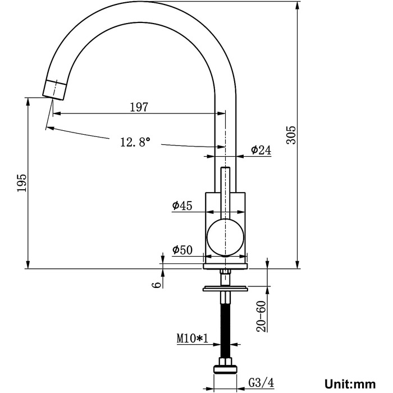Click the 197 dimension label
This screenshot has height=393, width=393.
(x=139, y=107)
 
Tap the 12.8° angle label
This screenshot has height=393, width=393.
(x=135, y=142)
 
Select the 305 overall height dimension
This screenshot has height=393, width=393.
(x=291, y=135)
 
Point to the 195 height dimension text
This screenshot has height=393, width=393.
(x=22, y=182)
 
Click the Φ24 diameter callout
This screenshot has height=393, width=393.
(x=261, y=150)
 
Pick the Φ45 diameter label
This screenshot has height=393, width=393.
(x=182, y=205)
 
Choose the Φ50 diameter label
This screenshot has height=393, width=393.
(x=182, y=250)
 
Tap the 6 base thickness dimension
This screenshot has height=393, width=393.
(x=157, y=285)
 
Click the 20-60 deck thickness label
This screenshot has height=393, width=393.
(x=262, y=317)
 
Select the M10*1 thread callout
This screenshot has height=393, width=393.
(x=193, y=339)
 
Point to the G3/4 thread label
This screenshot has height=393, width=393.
(x=261, y=382)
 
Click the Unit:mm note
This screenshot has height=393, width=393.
(x=350, y=384)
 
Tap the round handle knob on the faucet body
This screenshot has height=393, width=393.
(x=225, y=237)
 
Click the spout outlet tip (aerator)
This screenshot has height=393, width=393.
(x=54, y=90)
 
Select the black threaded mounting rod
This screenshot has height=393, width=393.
(x=225, y=330)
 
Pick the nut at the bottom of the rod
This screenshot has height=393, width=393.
(x=225, y=367)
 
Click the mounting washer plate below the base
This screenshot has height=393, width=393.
(x=225, y=289)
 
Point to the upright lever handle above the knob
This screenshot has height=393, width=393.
(x=225, y=193)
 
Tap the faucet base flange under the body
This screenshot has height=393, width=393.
(x=225, y=266)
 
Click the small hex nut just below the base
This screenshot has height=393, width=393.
(x=225, y=272)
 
